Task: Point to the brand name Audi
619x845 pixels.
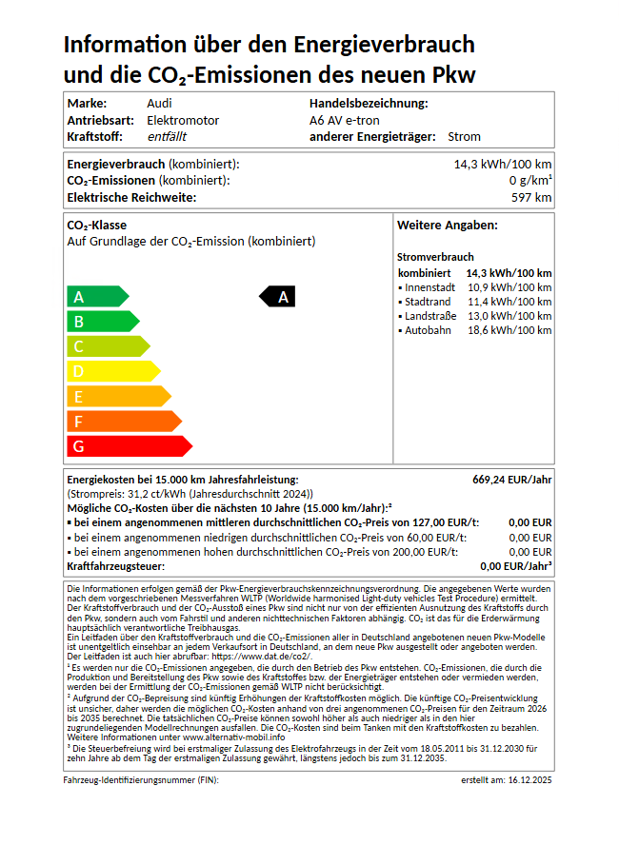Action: click(159, 103)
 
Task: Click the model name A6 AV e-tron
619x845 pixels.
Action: click(345, 120)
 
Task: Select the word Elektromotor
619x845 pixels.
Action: click(183, 120)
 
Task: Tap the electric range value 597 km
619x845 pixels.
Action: click(531, 198)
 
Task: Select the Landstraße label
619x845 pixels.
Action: click(429, 316)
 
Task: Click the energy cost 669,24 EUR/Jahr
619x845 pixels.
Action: click(511, 480)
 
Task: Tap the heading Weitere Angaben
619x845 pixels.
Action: click(447, 226)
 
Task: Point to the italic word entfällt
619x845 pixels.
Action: click(167, 137)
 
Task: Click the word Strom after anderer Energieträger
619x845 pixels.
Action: click(464, 137)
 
